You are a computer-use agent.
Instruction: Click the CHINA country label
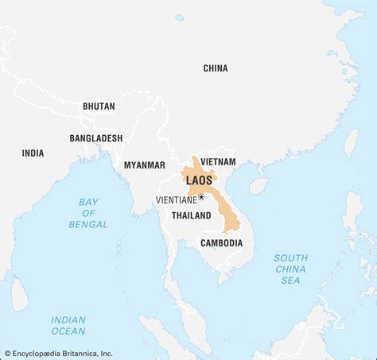click(x=215, y=68)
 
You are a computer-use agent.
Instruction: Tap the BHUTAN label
click(x=99, y=106)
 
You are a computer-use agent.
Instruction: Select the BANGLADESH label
click(x=95, y=137)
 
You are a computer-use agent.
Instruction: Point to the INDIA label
click(x=33, y=153)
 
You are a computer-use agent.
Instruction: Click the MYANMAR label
click(x=144, y=165)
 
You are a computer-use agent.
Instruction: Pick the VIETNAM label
click(x=219, y=161)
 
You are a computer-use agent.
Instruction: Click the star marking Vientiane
click(x=201, y=196)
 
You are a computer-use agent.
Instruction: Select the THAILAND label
click(x=191, y=215)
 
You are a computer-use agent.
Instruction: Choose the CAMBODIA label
click(x=221, y=242)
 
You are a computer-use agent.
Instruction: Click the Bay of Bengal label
click(x=87, y=213)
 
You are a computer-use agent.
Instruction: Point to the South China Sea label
click(x=291, y=269)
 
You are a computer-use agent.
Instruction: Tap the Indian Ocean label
click(x=68, y=324)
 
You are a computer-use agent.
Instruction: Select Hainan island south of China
click(x=258, y=186)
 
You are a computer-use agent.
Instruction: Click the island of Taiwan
click(x=350, y=144)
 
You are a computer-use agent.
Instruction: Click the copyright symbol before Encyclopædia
click(x=7, y=353)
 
